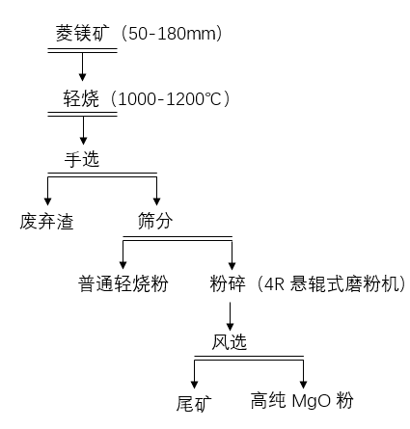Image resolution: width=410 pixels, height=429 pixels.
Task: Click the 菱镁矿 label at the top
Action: (x=83, y=33)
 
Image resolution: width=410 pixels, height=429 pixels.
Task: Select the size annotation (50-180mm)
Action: (x=172, y=33)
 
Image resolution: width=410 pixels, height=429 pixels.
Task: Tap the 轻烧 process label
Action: (x=81, y=98)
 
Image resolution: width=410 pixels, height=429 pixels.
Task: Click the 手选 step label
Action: (x=82, y=159)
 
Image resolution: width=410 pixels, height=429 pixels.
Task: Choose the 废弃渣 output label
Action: (x=46, y=222)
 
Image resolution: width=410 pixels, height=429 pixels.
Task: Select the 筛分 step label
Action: (x=155, y=221)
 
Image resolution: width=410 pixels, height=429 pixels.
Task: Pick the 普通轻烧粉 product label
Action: (x=123, y=283)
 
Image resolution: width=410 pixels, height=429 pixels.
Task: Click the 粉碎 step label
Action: (x=228, y=283)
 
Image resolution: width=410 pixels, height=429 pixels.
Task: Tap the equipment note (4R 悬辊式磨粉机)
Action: (x=331, y=283)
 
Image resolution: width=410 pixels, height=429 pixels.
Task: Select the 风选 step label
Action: (x=229, y=342)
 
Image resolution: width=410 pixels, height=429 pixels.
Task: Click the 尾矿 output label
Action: (x=194, y=403)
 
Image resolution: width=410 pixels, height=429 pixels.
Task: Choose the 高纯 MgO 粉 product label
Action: (x=302, y=401)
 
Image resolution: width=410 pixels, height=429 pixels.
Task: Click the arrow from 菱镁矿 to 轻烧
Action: (x=82, y=67)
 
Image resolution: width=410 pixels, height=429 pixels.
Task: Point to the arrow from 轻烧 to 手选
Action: (x=83, y=130)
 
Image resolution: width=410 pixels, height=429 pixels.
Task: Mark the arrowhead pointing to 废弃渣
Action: (x=47, y=201)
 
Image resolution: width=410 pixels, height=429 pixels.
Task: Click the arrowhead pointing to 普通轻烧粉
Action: (x=123, y=265)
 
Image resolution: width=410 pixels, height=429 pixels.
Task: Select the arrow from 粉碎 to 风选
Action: (x=230, y=316)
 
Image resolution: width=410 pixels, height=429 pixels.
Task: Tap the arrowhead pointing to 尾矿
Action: (x=194, y=385)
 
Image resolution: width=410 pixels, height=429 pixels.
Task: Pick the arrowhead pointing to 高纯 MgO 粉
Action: (x=303, y=385)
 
